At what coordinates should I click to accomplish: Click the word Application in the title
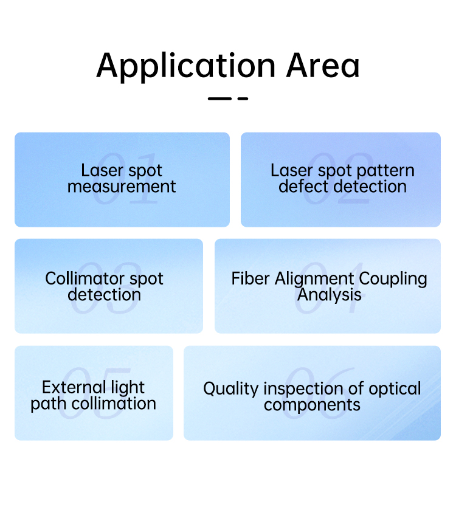click(186, 67)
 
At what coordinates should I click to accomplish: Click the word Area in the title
click(323, 66)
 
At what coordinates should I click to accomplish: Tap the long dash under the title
click(219, 98)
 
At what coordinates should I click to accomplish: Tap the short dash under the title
click(243, 98)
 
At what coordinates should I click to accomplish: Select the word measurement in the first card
click(122, 187)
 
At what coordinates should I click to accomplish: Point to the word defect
click(303, 187)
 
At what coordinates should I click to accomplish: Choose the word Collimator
click(85, 279)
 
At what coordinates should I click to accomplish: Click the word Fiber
click(250, 279)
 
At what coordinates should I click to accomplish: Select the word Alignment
click(314, 280)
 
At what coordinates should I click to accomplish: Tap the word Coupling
click(393, 280)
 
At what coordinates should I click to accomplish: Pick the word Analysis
click(329, 295)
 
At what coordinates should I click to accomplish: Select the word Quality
click(231, 389)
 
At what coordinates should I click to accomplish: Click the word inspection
click(303, 389)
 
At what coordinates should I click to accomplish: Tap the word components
click(312, 405)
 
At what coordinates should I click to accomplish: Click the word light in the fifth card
click(128, 388)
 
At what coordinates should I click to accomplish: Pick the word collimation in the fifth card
click(114, 404)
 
